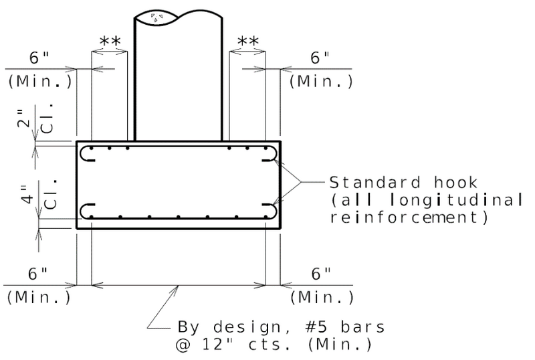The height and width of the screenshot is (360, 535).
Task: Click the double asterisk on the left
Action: click(110, 42)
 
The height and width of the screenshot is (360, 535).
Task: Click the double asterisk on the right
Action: click(248, 42)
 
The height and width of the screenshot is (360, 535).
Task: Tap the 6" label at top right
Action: click(321, 58)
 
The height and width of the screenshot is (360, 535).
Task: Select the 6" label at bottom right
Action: click(321, 274)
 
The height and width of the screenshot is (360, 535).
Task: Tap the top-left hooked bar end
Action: click(88, 155)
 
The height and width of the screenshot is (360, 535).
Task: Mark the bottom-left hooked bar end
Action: click(88, 211)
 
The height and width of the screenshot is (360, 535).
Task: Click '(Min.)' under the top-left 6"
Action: click(39, 82)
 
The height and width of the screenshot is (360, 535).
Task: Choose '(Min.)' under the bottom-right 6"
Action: click(322, 296)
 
